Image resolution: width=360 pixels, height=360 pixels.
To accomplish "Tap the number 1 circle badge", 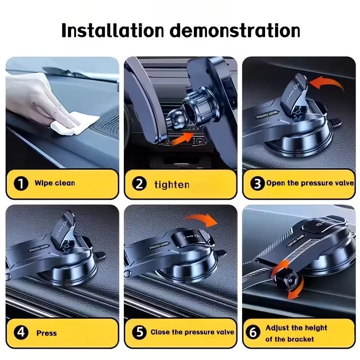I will pyautogui.click(x=20, y=184).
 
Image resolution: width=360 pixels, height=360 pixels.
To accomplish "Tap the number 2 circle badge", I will pyautogui.click(x=139, y=184).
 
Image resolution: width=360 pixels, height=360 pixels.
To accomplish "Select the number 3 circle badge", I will pyautogui.click(x=257, y=184).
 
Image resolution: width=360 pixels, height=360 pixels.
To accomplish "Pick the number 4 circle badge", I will pyautogui.click(x=20, y=333).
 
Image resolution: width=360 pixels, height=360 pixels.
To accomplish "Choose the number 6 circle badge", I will pyautogui.click(x=254, y=333).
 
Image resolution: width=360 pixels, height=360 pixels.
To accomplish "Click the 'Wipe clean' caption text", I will pyautogui.click(x=54, y=183).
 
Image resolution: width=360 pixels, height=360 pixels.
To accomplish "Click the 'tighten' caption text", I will pyautogui.click(x=172, y=184).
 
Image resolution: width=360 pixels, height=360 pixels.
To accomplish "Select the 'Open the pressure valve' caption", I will pyautogui.click(x=310, y=183).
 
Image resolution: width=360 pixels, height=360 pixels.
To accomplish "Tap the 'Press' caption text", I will pyautogui.click(x=47, y=333).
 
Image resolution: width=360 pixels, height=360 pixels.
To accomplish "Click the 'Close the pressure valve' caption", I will pyautogui.click(x=192, y=332).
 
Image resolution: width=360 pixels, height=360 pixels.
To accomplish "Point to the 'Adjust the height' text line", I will pyautogui.click(x=296, y=328).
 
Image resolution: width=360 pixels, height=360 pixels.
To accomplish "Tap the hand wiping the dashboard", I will pyautogui.click(x=40, y=99).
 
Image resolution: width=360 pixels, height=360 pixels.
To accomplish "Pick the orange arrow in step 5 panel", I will pyautogui.click(x=201, y=220).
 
